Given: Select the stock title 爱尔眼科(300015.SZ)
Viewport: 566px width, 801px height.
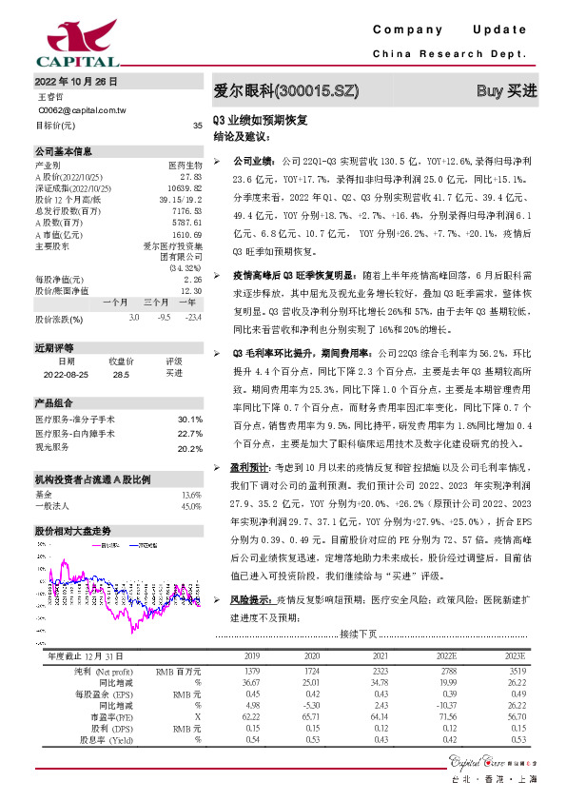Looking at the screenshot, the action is (286, 91).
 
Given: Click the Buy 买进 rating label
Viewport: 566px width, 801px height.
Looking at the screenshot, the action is (507, 91).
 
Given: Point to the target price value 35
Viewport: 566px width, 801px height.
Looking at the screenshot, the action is (197, 126).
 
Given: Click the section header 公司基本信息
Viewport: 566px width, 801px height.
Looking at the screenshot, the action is (64, 151).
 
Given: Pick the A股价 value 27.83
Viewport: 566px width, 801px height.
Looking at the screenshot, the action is (191, 177).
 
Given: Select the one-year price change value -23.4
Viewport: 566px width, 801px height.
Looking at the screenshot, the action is (193, 317).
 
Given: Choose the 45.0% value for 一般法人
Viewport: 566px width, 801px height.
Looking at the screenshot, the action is (190, 506).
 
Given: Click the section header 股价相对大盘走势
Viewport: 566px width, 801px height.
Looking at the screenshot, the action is (73, 530).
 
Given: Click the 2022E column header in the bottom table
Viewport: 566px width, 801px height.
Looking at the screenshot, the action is (446, 656).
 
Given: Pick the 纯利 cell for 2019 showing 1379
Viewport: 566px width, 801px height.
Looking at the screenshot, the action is (252, 672).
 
